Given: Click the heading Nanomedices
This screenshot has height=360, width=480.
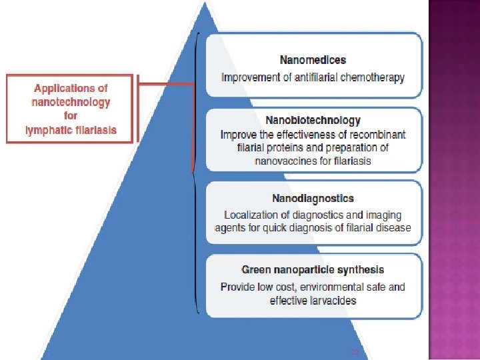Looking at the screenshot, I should tap(313, 61).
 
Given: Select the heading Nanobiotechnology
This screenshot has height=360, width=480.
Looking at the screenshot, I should tap(313, 121).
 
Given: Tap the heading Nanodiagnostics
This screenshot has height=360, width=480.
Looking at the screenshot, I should tap(313, 198).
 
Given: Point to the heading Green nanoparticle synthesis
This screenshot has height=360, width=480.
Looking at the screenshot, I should tap(313, 270).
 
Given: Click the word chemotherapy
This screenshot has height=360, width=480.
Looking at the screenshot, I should tap(372, 77).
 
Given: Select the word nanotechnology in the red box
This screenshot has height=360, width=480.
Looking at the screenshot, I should tap(71, 102).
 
